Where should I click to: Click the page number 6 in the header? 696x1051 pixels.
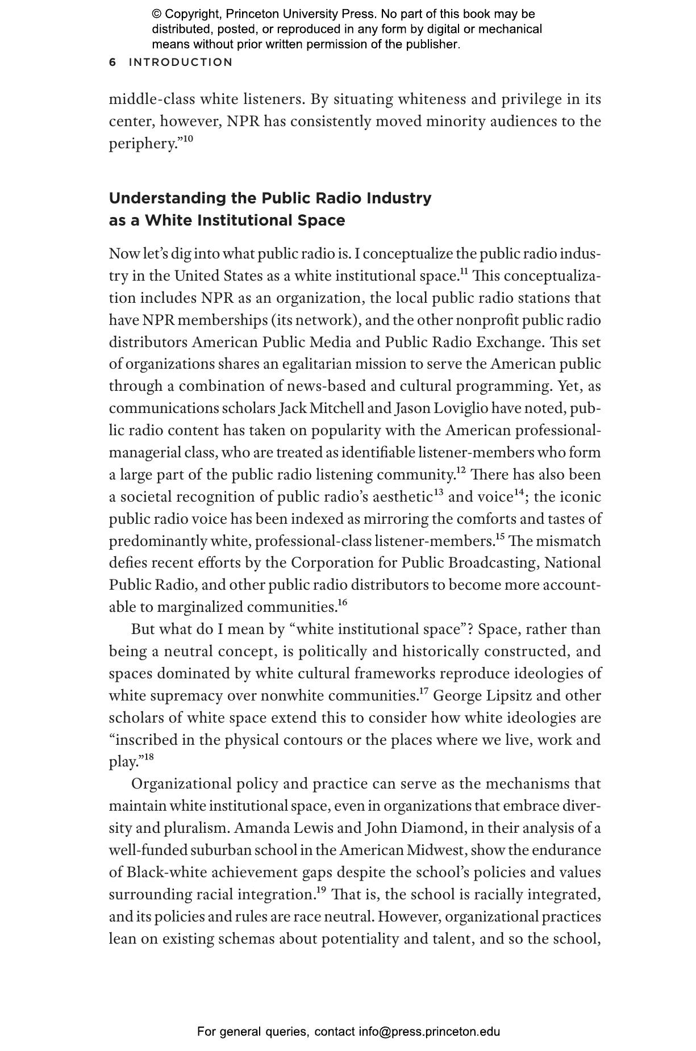pos(112,62)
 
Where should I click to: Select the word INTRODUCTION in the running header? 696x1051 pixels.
pos(181,62)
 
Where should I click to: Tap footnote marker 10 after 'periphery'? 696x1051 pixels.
pos(187,138)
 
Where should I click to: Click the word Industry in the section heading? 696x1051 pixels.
pos(399,198)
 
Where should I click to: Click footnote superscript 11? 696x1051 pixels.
pos(464,271)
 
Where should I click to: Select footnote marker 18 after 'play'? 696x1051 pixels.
pos(148,757)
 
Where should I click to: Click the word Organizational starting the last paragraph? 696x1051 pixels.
pos(181,785)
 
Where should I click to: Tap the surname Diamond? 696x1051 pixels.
pos(434,828)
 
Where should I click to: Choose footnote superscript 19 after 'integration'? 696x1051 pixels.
pos(321,890)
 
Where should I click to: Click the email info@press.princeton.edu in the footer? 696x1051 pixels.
pos(429,1032)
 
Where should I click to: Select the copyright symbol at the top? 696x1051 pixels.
pos(157,14)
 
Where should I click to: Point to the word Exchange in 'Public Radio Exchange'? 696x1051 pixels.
pos(506,343)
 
